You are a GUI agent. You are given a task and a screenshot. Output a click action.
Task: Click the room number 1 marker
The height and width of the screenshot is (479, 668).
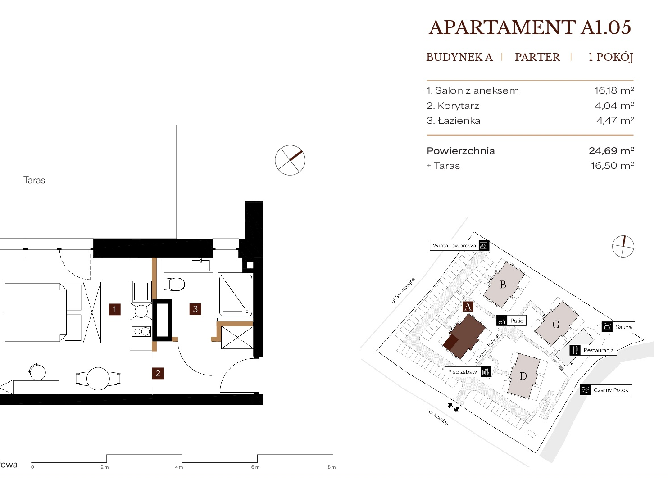tap(114, 309)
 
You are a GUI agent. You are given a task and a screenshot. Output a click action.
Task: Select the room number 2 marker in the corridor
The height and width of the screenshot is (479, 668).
tap(158, 373)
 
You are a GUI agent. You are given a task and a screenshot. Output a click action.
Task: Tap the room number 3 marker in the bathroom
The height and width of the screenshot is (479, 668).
tap(195, 309)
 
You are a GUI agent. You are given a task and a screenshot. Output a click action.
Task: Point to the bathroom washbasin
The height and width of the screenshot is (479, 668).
tap(201, 265)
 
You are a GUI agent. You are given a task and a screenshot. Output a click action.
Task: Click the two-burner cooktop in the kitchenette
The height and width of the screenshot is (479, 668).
tap(141, 331)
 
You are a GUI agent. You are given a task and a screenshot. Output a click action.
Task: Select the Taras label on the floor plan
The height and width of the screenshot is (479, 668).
tap(34, 180)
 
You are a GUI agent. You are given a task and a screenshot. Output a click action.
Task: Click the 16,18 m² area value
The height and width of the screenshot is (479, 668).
tap(614, 90)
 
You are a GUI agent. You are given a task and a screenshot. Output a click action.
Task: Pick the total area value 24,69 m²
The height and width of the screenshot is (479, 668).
tap(611, 150)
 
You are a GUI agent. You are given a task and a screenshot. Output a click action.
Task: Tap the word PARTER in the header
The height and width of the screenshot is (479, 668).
tap(537, 57)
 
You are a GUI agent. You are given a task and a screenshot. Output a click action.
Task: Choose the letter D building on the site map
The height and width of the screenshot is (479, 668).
tap(523, 376)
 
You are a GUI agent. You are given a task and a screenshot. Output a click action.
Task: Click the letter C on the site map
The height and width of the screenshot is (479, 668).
tap(555, 324)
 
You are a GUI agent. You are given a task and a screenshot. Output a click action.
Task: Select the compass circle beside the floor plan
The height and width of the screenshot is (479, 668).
tap(290, 160)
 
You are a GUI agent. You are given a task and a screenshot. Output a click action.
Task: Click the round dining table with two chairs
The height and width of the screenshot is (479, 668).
tap(98, 379)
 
